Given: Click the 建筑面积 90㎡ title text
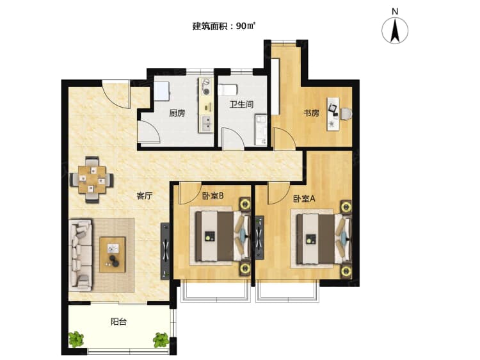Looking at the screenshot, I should click(224, 26).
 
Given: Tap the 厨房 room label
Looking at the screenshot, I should click(177, 113).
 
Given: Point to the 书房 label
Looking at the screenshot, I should click(311, 113).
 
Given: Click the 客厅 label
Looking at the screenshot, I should click(144, 197).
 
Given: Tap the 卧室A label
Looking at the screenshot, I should click(304, 199).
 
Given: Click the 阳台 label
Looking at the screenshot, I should click(118, 322).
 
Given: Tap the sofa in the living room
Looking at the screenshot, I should click(81, 254).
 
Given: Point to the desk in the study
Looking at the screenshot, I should click(334, 114).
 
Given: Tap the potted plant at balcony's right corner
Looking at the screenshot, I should click(161, 339).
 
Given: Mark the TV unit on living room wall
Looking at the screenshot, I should click(165, 250).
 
